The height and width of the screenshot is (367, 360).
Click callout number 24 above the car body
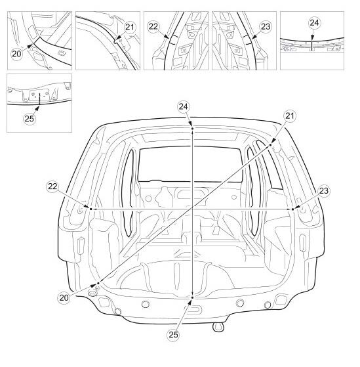click(183, 107)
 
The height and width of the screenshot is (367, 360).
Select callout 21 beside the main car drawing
click(290, 116)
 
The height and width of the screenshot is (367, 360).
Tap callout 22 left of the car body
click(52, 186)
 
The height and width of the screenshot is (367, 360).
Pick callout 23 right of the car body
click(323, 191)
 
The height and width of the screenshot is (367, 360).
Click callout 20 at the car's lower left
click(64, 297)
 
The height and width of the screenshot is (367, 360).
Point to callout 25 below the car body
click(173, 335)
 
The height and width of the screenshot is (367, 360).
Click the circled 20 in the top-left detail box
click(16, 54)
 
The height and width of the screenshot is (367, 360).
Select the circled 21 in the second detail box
click(130, 27)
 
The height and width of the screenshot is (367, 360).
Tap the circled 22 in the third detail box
click(153, 26)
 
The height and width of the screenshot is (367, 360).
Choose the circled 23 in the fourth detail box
click(266, 27)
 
